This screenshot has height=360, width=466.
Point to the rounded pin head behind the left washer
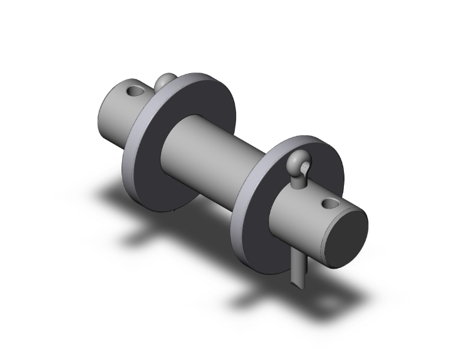[165, 81]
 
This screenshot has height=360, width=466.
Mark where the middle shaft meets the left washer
[168, 150]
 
